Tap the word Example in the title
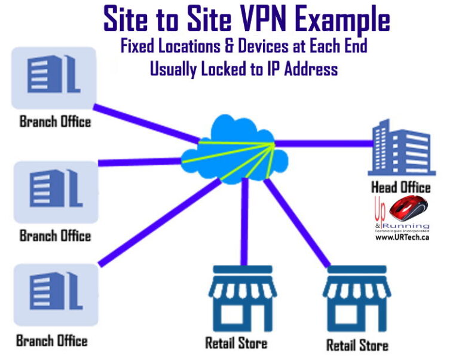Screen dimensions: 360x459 (x=339, y=19)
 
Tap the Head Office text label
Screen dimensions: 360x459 (x=400, y=187)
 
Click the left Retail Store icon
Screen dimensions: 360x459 (x=242, y=297)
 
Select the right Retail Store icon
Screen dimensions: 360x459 (x=357, y=298)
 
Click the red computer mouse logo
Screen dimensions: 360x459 (x=408, y=209)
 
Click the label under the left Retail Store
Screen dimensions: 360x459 (x=236, y=343)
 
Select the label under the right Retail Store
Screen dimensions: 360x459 (x=357, y=345)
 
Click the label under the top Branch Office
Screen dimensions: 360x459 (x=55, y=121)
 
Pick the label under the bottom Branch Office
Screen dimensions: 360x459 (x=52, y=341)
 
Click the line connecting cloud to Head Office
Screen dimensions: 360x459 (x=323, y=144)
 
